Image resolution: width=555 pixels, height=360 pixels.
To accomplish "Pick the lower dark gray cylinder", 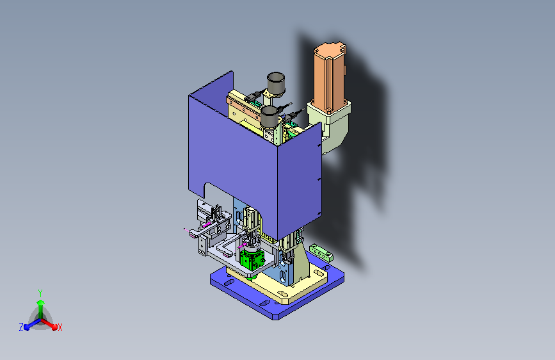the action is [x=269, y=117].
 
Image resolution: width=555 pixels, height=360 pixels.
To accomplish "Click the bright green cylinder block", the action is [x=252, y=259].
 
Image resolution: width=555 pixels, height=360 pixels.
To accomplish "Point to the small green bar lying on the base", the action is [x=321, y=252].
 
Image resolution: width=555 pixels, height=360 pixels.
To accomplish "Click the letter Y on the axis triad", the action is [x=40, y=293].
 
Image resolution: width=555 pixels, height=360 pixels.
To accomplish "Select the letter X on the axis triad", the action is [x=60, y=328].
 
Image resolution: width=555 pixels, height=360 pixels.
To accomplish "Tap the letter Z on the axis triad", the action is [x=21, y=327].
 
